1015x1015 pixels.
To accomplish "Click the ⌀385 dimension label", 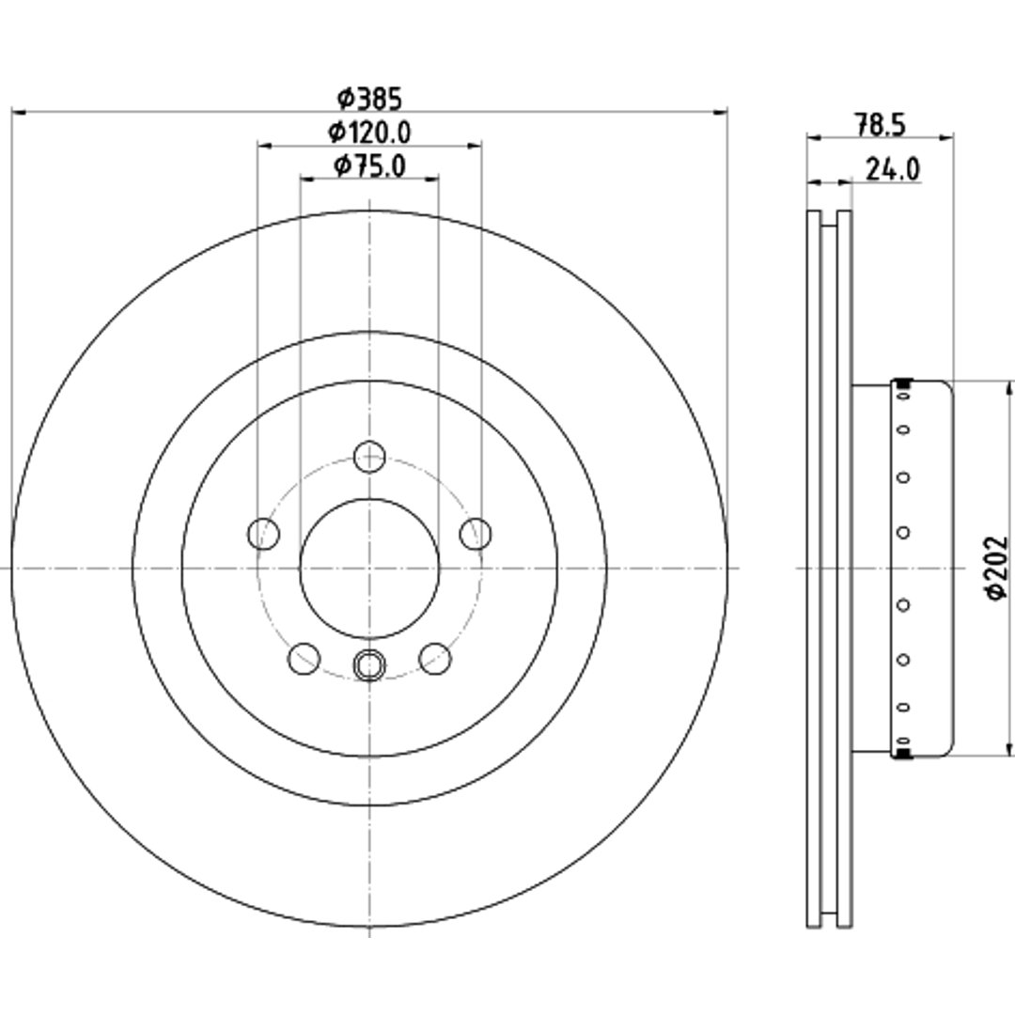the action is (369, 99).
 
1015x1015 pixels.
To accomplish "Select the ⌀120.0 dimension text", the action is (369, 133).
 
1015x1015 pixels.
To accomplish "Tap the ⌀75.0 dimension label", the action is (369, 166).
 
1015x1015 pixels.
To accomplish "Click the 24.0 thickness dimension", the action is (893, 169).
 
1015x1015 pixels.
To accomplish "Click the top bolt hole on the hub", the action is (369, 457).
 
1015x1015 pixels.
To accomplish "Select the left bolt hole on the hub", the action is (263, 534).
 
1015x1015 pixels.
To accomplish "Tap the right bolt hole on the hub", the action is (476, 534).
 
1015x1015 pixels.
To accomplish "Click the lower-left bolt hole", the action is (304, 658).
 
